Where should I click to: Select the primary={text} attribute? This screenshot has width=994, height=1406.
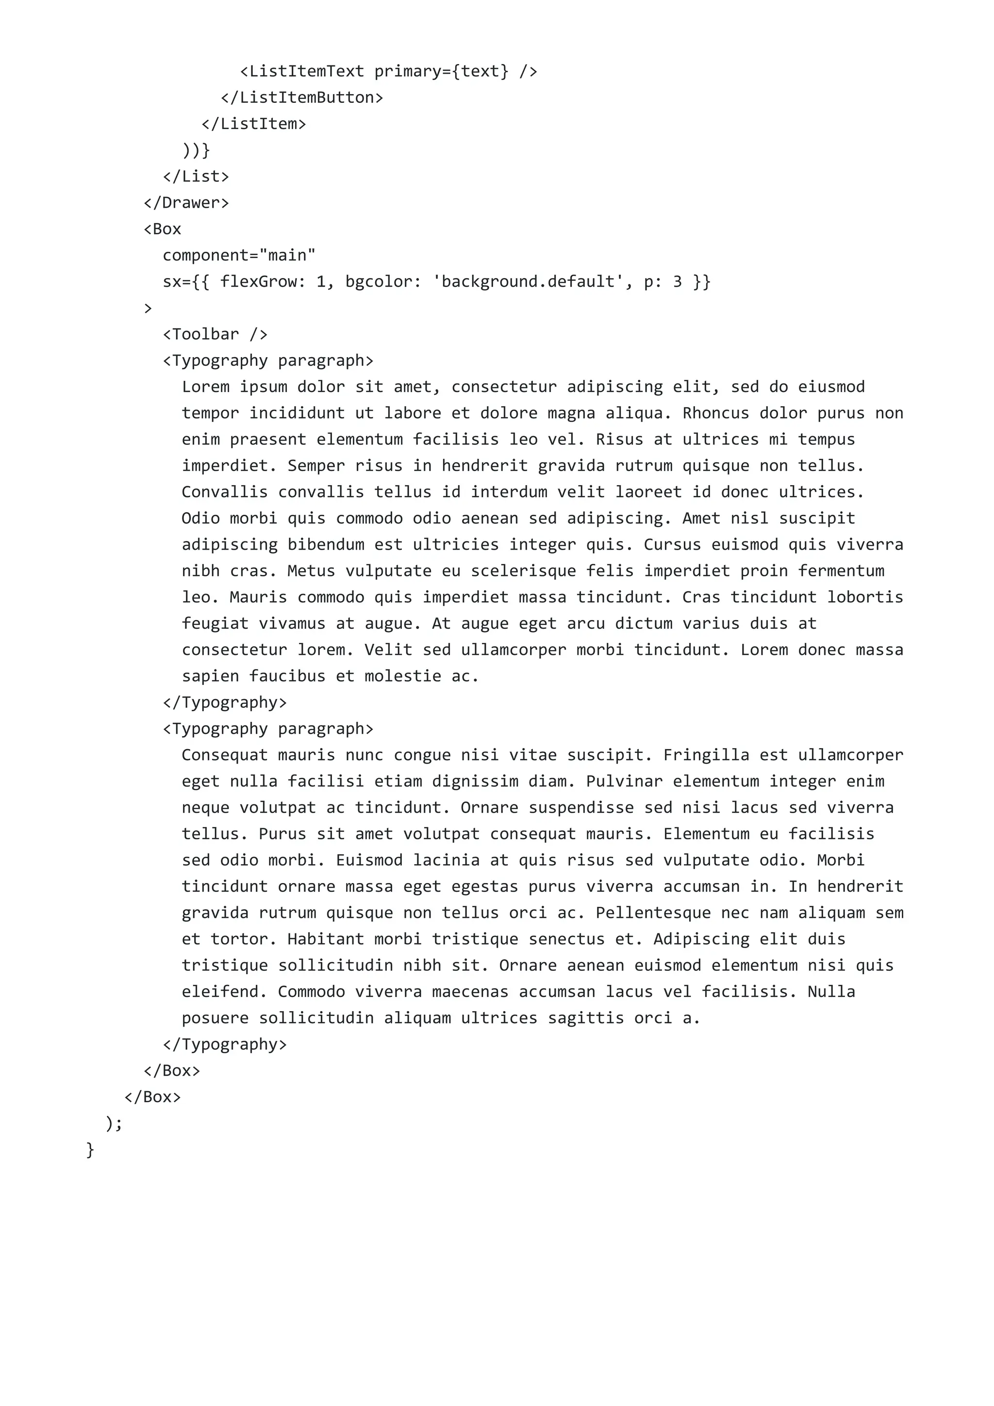point(441,72)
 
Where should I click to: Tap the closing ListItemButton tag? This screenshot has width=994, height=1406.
point(302,98)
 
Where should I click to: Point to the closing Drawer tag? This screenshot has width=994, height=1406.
point(186,203)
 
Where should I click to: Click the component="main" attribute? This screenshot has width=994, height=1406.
point(239,255)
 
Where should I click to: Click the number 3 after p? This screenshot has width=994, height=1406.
point(678,282)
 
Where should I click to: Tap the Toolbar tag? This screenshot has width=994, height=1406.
point(215,334)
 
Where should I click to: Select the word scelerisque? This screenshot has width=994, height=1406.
point(523,572)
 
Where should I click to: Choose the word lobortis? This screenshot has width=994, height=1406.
point(865,598)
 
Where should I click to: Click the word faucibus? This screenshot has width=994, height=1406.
point(287,677)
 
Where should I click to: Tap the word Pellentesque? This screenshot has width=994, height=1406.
point(653,913)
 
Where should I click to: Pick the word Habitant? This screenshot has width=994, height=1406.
point(326,939)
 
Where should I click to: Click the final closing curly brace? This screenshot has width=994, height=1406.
point(90,1149)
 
